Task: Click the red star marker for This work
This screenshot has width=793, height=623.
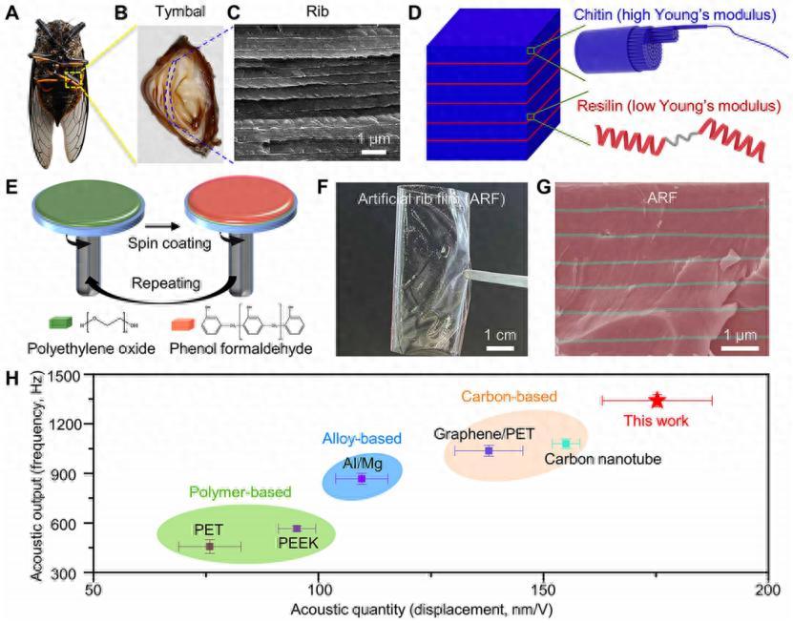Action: (656, 401)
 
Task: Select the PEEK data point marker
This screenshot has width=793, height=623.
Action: (297, 528)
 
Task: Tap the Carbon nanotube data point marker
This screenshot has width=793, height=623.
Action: (566, 444)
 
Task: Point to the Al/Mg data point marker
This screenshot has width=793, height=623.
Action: (361, 478)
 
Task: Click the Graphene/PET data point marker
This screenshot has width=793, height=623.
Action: (489, 450)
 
